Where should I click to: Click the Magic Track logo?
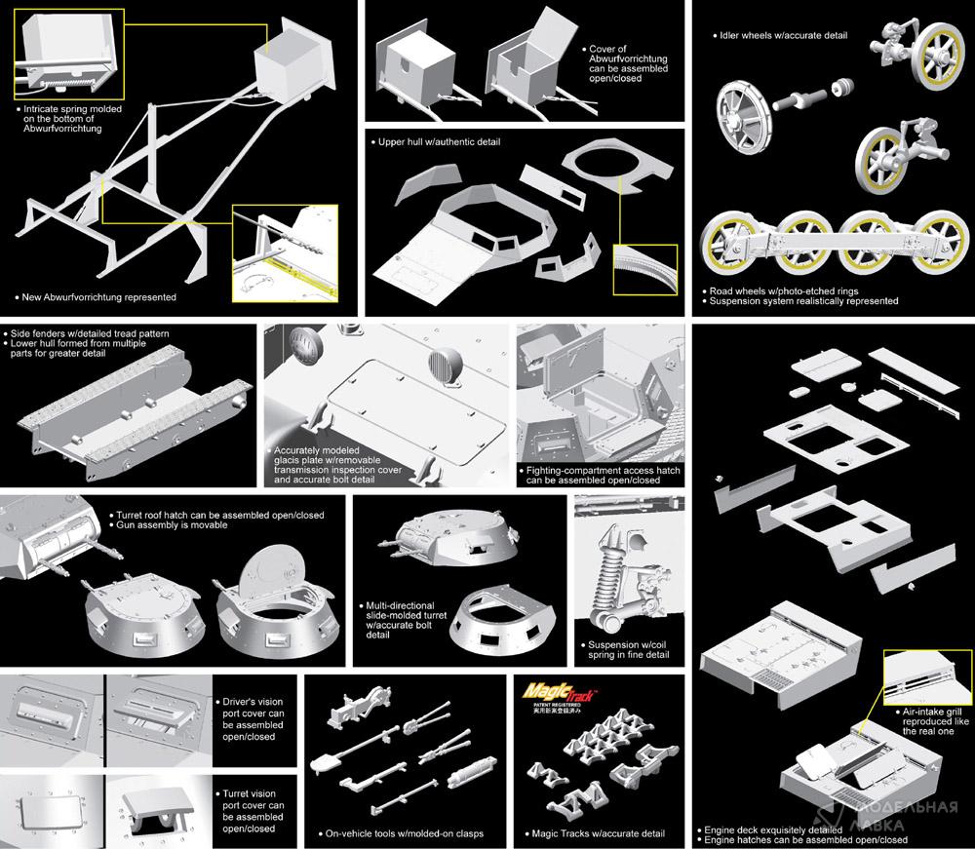tap(559, 692)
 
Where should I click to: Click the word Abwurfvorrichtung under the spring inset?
tap(62, 129)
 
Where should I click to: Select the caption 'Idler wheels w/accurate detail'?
tap(784, 35)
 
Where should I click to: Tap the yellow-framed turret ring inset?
tap(644, 270)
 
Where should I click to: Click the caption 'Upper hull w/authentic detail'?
tap(439, 141)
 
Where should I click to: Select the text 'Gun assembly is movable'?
tap(172, 525)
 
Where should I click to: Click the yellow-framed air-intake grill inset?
tap(927, 678)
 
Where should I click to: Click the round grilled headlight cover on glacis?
tap(446, 367)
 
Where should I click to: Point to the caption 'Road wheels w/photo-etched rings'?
tap(784, 290)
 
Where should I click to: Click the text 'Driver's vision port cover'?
tap(253, 708)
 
